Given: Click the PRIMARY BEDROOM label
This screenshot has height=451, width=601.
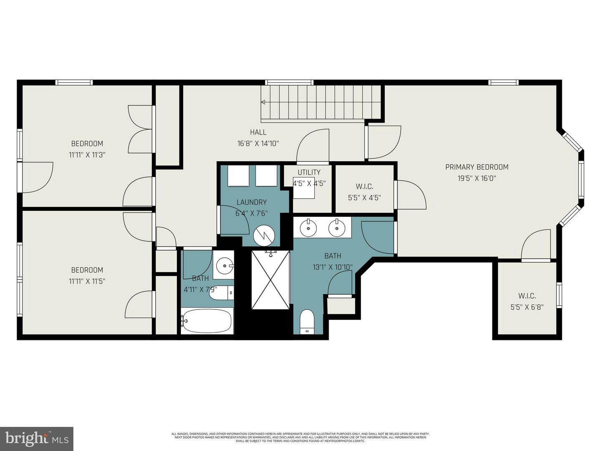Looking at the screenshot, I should point(477,167).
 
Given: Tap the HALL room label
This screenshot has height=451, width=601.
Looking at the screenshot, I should point(258,132).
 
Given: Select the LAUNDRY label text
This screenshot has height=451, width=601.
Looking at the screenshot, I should point(251,202).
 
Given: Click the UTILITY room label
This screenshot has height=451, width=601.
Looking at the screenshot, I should point(309,172).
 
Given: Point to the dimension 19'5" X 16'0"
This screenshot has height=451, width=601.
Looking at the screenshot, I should point(477,178).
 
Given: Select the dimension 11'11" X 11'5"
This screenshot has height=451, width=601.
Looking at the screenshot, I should point(87,281).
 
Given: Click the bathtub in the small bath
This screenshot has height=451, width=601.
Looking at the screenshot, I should point(207,321).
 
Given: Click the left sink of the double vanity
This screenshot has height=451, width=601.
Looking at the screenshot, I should point(308,228).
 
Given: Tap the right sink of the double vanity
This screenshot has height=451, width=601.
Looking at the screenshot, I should point(336,228).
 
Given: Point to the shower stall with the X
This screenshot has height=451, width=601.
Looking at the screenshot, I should point(270,280).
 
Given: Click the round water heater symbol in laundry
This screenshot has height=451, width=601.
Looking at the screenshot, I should point(265,236).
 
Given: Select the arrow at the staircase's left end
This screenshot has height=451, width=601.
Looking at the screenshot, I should point(263,102).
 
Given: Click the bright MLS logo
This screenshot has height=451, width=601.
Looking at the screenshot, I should point(37,438).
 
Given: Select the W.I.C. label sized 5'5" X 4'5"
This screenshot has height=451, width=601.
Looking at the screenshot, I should point(364,187).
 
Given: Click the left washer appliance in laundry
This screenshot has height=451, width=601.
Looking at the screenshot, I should point(238,176).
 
